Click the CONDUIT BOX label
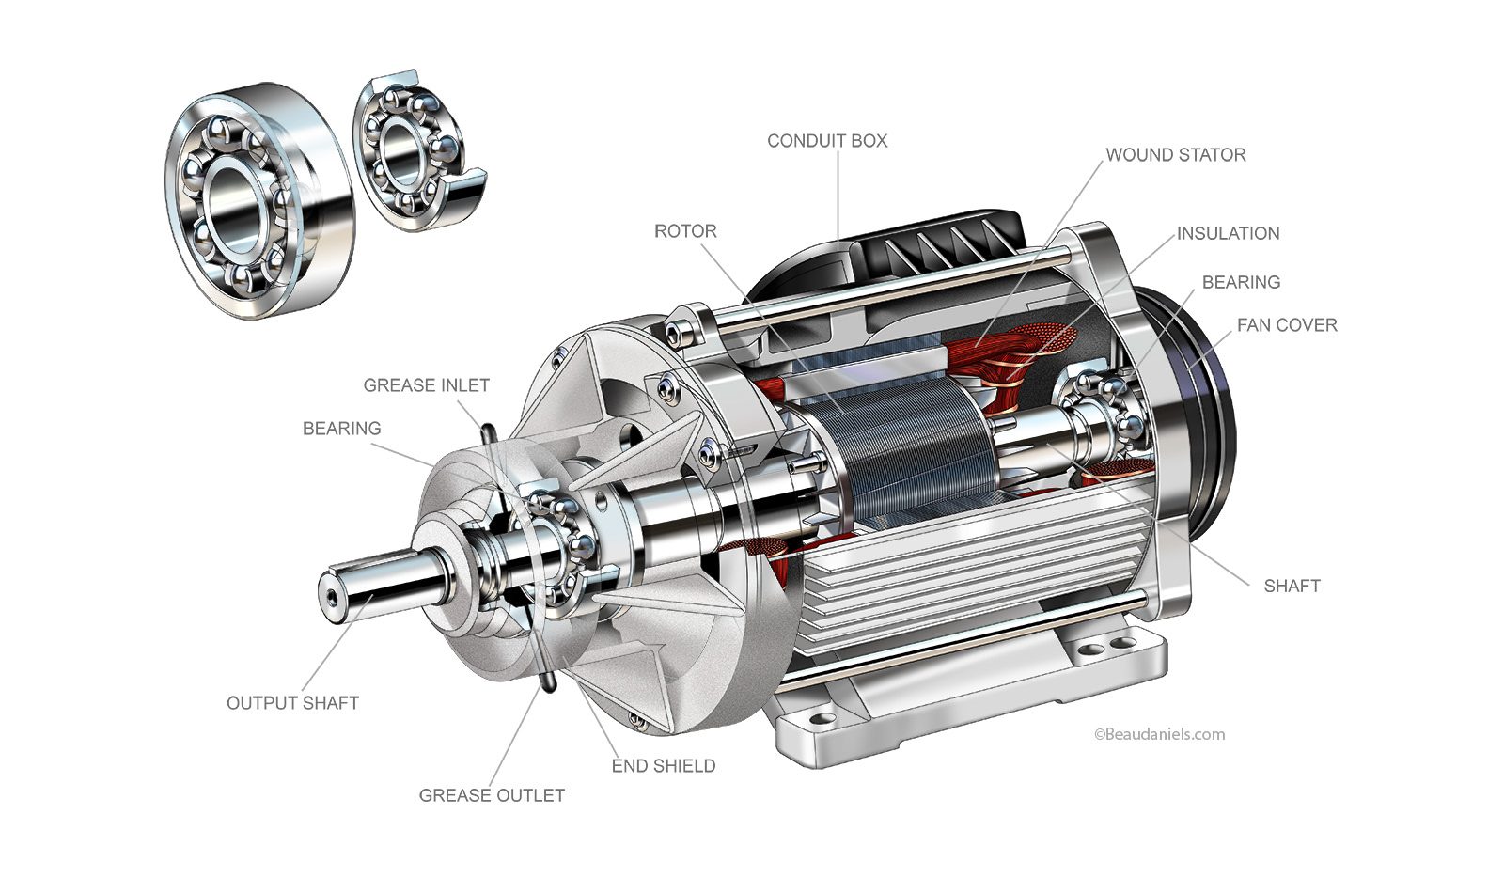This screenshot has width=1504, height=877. tap(826, 141)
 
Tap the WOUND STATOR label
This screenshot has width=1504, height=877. tap(1175, 155)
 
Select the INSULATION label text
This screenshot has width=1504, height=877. tap(1228, 233)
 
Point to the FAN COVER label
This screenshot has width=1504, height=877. tap(1286, 325)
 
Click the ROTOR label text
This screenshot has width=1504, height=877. tap(685, 231)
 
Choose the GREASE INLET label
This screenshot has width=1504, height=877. tap(426, 385)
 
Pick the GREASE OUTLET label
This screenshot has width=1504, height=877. tap(492, 795)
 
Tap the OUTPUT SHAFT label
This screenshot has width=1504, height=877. tap(292, 703)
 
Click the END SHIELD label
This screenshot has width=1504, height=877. tap(663, 766)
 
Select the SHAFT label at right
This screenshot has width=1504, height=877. tap(1292, 586)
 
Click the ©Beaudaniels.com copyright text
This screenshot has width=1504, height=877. tap(1159, 735)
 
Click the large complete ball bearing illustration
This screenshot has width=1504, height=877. tap(254, 197)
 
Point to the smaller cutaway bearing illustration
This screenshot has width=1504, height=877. tap(414, 150)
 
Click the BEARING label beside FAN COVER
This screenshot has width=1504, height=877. tap(1241, 282)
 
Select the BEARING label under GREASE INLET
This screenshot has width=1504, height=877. tap(341, 429)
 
